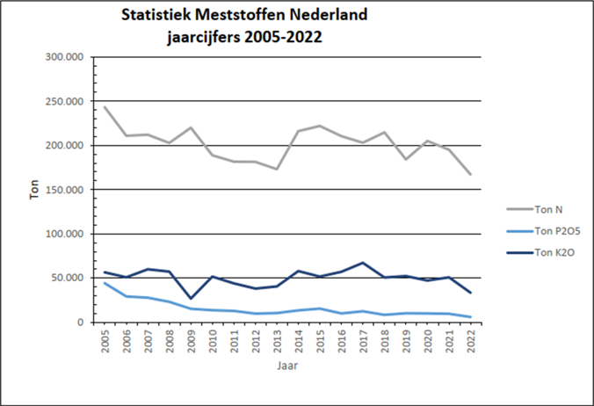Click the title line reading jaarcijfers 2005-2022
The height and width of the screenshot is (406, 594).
pos(243,38)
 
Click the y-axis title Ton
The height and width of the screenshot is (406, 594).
pos(34,190)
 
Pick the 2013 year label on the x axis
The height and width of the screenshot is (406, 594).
pos(276,339)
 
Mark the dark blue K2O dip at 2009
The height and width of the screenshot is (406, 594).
pos(192,299)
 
